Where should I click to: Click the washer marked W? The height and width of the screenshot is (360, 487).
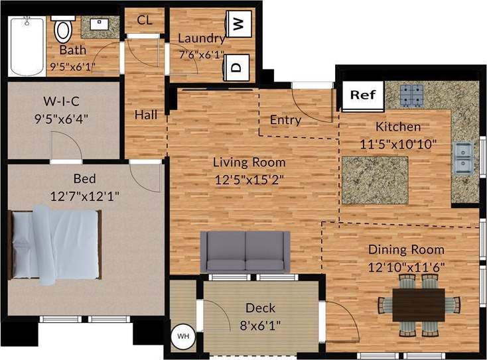point(238,25)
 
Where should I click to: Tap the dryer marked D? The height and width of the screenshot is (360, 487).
point(237,66)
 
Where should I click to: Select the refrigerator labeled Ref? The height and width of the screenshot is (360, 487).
point(362,95)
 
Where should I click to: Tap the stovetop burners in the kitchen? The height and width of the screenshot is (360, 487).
point(411,95)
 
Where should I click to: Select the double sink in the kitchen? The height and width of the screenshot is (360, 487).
point(462,157)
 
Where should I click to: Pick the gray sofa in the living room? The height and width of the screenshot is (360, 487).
point(245,251)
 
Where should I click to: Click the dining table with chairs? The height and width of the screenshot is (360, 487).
point(419,304)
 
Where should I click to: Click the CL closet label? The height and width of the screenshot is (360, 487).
point(145,20)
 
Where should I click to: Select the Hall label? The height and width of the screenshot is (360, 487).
point(146,115)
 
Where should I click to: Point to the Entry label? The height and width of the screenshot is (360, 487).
point(285,120)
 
